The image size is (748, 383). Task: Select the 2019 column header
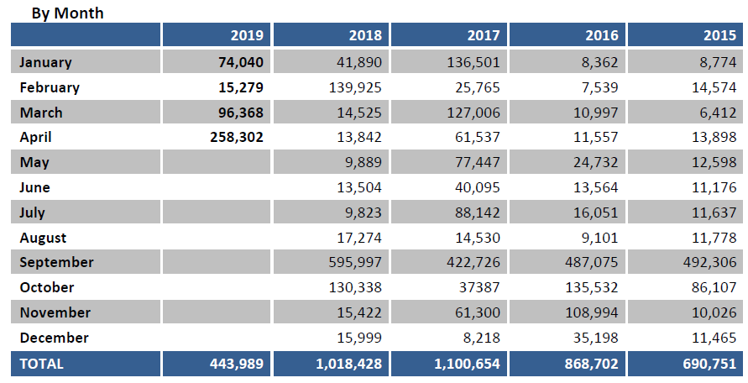248,35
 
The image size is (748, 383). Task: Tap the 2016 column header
602,35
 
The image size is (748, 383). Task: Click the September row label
56,262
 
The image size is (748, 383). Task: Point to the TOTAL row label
41,364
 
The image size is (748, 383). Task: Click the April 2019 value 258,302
236,137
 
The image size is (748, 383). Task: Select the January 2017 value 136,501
473,62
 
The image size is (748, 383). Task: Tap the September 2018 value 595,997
355,262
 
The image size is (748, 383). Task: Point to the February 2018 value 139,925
355,87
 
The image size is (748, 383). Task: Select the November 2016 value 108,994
592,312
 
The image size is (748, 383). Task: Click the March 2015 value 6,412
717,113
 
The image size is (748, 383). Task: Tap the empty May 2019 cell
217,162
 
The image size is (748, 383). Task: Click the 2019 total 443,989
236,364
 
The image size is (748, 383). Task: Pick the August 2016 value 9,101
599,238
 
